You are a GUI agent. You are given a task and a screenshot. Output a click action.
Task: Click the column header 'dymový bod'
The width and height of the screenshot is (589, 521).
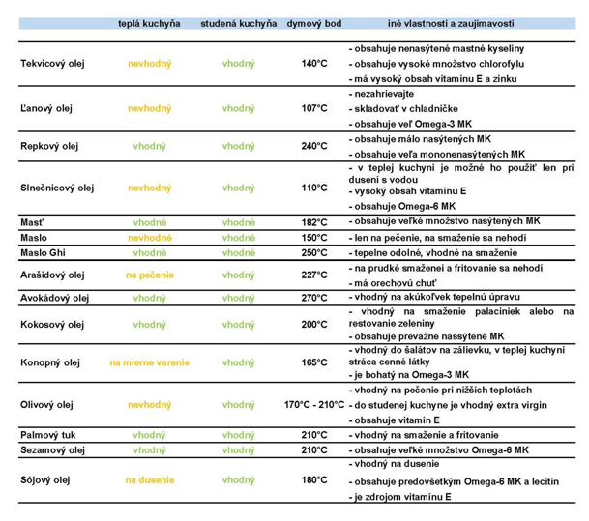[314, 23]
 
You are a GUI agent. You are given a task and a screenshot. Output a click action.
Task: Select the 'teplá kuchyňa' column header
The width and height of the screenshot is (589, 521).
[149, 23]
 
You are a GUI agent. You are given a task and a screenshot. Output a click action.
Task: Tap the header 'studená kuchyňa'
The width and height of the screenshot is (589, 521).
[239, 23]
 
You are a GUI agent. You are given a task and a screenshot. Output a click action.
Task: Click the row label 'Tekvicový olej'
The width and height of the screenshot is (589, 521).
[52, 64]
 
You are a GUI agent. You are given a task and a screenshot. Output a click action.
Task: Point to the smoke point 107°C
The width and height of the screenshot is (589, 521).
[314, 108]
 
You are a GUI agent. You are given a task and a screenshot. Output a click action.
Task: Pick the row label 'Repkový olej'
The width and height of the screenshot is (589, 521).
[49, 146]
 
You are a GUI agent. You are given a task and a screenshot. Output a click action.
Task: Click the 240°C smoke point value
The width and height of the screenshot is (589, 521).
[314, 146]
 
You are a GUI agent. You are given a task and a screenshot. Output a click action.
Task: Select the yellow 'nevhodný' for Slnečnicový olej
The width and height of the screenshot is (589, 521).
[150, 188]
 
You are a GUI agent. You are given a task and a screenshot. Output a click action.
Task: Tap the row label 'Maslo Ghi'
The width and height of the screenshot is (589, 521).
[43, 252]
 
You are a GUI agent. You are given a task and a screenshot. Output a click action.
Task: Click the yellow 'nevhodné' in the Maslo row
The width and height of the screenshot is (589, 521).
[150, 238]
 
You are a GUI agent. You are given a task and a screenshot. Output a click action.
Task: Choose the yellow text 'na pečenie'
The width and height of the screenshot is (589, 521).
[150, 275]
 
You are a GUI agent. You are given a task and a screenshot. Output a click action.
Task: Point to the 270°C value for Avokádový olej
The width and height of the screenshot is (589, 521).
[314, 298]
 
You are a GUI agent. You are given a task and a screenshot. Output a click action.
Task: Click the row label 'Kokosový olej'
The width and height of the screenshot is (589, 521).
[52, 325]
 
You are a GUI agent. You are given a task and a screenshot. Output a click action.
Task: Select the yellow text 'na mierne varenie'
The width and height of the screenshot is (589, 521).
[150, 362]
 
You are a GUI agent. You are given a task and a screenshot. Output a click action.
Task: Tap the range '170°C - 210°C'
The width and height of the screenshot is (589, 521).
[314, 405]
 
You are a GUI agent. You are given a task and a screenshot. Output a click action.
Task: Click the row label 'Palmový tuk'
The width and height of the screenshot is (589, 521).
[48, 435]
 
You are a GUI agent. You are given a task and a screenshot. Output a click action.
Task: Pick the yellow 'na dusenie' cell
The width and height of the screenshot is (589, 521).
[150, 480]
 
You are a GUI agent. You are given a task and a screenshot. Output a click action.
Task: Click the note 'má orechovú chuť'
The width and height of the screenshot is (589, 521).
[393, 283]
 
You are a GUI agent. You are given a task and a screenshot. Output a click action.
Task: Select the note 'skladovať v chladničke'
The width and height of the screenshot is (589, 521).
[403, 109]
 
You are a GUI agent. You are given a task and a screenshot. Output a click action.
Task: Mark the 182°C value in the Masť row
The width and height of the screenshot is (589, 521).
[314, 222]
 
